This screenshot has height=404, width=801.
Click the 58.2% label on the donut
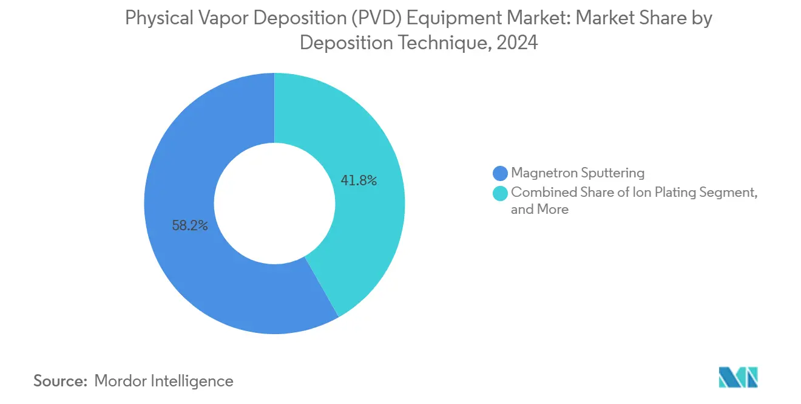tap(190, 226)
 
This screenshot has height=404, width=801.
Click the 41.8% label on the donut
tap(359, 180)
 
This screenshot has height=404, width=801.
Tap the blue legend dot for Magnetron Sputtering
tap(501, 173)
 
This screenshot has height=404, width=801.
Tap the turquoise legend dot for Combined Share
tap(501, 193)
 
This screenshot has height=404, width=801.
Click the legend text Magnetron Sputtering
tap(578, 173)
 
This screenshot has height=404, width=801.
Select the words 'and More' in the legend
tap(539, 210)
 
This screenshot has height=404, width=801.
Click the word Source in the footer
tap(60, 381)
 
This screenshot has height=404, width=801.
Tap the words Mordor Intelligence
tap(164, 381)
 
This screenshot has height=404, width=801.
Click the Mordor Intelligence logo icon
tap(738, 377)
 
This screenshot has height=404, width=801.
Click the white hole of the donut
tap(274, 204)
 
